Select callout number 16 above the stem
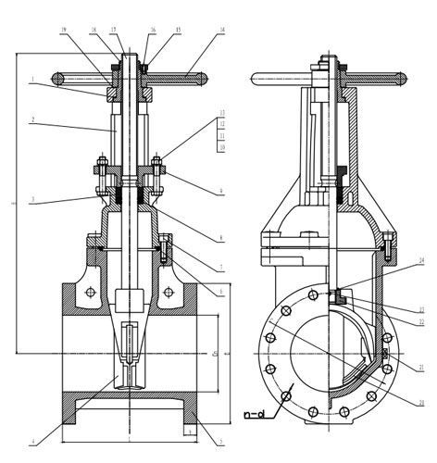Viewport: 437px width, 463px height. click(x=152, y=30)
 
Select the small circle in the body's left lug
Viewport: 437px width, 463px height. click(x=90, y=294)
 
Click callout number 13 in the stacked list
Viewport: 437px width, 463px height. click(x=222, y=112)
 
